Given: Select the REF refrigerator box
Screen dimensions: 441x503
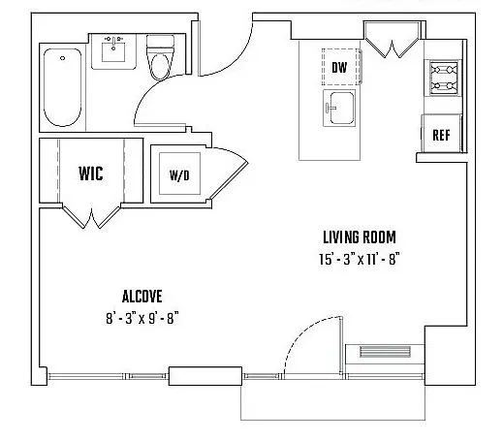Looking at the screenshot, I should pos(439,135).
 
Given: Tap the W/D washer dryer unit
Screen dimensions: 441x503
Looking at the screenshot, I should pos(179,175).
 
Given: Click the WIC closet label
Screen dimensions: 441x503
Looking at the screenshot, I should pos(91,174).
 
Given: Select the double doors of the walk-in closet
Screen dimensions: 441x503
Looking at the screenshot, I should pos(90,214).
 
